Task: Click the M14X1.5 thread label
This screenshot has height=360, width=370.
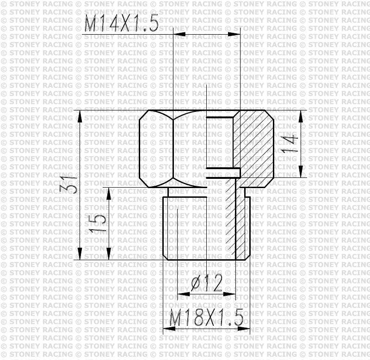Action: [x=121, y=24]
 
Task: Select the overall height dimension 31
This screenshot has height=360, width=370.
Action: [x=69, y=185]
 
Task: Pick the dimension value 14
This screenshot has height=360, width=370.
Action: [x=290, y=144]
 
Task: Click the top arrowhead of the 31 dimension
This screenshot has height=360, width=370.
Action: [x=80, y=116]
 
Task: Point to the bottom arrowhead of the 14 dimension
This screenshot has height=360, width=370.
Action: [x=301, y=171]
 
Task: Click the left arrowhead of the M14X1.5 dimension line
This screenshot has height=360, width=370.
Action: [x=179, y=34]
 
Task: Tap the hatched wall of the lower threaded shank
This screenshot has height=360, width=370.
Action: [x=231, y=222]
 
